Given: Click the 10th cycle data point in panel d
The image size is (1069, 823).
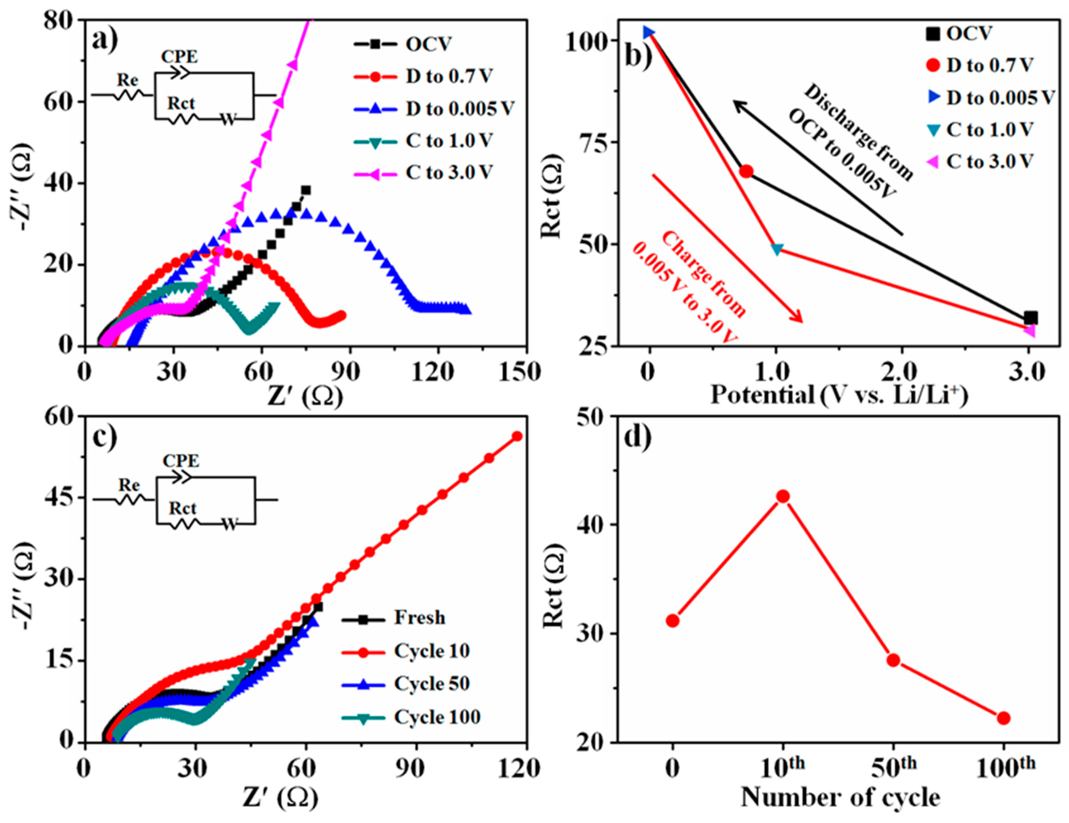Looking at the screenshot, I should pyautogui.click(x=783, y=496).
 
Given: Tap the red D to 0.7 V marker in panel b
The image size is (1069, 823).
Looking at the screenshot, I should pyautogui.click(x=746, y=171).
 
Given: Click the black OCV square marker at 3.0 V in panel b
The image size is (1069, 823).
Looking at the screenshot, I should pyautogui.click(x=1030, y=318).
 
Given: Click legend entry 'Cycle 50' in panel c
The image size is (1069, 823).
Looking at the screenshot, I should pyautogui.click(x=431, y=684).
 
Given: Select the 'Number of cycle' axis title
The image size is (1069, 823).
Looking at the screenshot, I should pyautogui.click(x=840, y=798).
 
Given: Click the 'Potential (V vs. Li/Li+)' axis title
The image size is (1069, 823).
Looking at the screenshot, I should pyautogui.click(x=839, y=394).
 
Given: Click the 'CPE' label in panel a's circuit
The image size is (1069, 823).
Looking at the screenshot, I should pyautogui.click(x=180, y=57).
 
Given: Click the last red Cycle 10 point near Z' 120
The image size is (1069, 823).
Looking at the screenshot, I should pyautogui.click(x=517, y=436).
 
